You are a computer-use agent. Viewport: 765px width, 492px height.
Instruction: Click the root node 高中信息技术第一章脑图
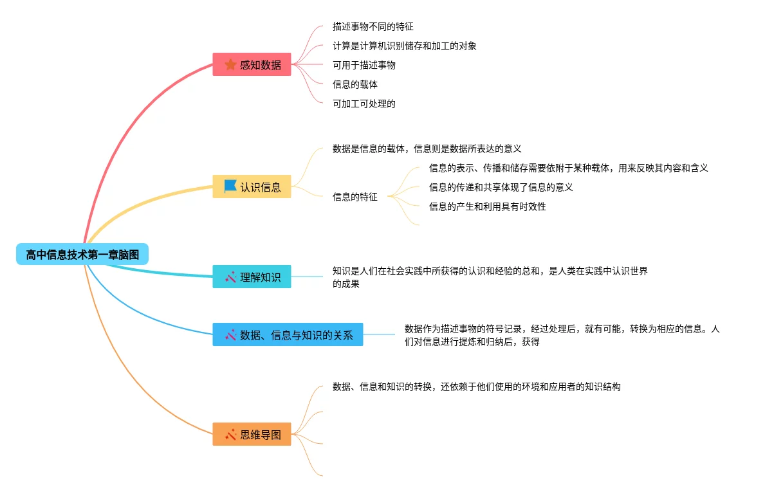coord(82,255)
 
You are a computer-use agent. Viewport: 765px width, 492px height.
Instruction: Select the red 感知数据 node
coord(252,64)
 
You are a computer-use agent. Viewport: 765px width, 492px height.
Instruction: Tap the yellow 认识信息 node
coord(252,187)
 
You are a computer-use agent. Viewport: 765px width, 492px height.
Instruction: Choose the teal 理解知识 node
coord(252,277)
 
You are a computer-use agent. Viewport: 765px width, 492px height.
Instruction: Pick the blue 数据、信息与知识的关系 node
coord(288,334)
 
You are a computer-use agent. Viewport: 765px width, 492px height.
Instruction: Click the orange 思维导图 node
coord(252,434)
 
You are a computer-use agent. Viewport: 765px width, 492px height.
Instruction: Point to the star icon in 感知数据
coord(230,64)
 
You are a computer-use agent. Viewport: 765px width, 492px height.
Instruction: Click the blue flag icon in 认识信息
coord(230,187)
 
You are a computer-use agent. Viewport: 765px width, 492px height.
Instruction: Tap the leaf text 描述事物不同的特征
coord(373,26)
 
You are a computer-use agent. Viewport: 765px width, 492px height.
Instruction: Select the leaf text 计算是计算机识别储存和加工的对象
coord(404,46)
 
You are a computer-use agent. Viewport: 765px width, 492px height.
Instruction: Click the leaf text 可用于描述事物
coord(364,65)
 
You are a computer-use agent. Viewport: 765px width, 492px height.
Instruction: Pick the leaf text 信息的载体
coord(355,84)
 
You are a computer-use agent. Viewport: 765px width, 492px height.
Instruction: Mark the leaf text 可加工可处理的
coord(364,104)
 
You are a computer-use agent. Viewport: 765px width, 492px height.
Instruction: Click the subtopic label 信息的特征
coord(355,197)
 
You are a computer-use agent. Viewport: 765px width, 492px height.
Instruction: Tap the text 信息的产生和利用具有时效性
coord(487,206)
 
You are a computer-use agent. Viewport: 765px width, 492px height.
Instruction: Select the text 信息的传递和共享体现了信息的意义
coord(501,187)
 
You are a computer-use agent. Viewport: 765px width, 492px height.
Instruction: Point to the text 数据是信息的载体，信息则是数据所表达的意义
coord(427,149)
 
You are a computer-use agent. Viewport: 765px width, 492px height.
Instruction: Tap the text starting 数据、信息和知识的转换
coord(476,387)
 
